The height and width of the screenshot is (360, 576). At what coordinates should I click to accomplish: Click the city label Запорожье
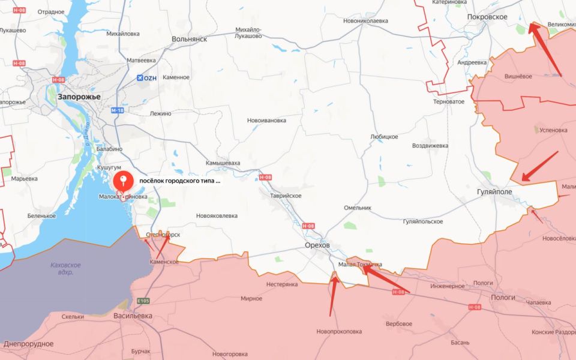click(79, 96)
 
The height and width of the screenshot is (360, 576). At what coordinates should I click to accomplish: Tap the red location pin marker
click(124, 181)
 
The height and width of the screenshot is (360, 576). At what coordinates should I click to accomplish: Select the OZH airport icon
click(141, 78)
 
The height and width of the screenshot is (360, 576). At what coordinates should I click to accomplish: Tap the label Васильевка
click(133, 316)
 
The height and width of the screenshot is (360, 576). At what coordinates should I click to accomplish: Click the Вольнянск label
click(189, 38)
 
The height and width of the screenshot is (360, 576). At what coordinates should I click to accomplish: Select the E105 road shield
click(143, 301)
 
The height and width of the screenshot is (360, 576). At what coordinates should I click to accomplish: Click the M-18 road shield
click(118, 110)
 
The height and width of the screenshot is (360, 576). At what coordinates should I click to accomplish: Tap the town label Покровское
click(488, 17)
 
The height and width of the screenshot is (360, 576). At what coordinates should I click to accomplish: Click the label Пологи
click(503, 297)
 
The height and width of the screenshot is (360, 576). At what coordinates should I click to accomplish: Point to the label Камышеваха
click(223, 163)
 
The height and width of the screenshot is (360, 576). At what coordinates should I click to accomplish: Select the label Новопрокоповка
click(340, 331)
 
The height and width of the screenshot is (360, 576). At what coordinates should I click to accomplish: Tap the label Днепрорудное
click(28, 344)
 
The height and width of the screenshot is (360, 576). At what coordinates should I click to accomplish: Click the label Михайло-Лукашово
click(248, 32)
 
